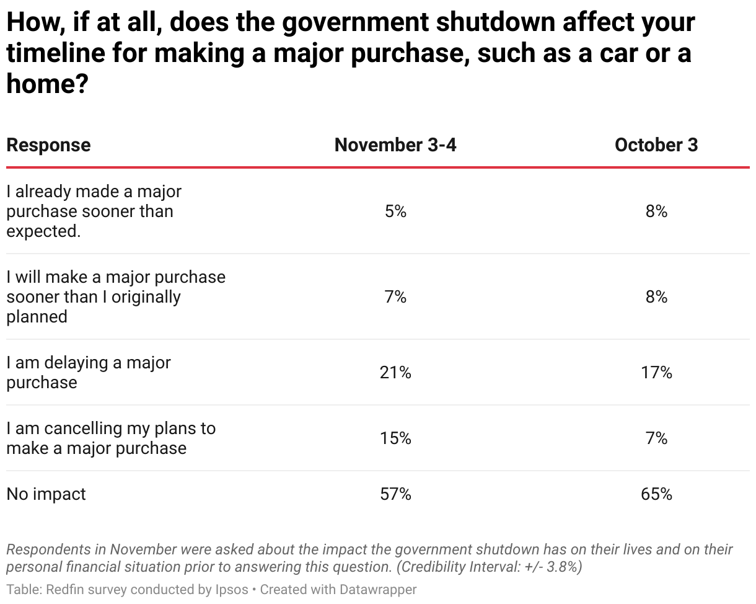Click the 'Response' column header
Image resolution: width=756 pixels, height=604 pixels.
coord(48,145)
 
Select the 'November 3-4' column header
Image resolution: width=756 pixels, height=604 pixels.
coord(395,145)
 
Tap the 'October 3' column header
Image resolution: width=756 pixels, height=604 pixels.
coord(656,145)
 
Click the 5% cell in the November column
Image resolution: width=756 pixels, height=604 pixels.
coord(395,211)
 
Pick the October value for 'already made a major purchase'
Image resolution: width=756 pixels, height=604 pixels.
coord(656,211)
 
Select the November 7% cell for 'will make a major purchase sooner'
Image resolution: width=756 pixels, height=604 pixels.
coord(395,297)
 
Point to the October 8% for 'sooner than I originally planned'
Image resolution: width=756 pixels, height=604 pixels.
coord(656,297)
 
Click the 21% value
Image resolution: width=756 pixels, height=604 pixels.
coord(395,373)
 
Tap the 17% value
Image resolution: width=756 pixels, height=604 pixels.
coord(656,373)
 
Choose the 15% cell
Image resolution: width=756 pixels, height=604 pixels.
coord(395,438)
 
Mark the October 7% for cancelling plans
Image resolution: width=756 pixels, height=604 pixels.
coord(656,438)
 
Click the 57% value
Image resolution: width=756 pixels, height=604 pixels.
coord(395,494)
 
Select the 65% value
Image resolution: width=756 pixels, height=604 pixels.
coord(656,494)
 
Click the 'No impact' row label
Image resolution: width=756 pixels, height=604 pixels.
coord(46,494)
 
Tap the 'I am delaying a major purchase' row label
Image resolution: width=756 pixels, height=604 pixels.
coord(88,373)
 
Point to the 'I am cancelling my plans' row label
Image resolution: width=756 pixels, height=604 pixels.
coord(110,438)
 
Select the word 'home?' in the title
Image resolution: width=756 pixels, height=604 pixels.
coord(46,83)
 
